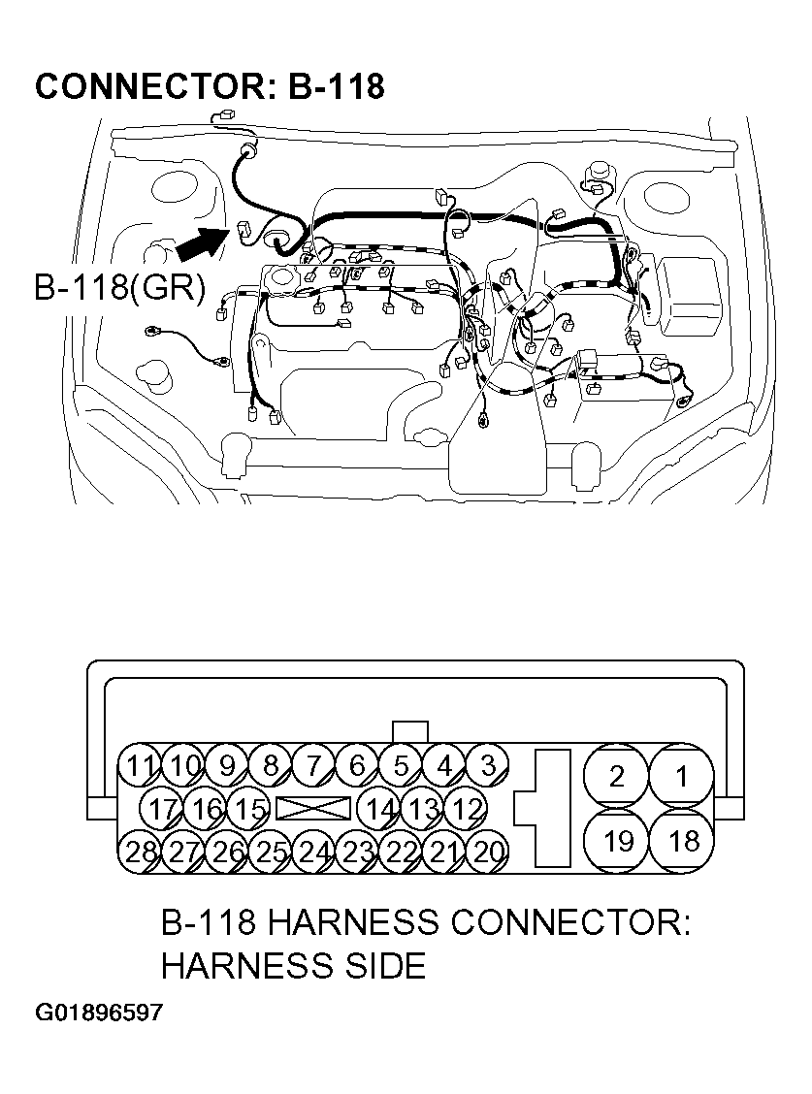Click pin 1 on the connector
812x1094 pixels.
coord(682,776)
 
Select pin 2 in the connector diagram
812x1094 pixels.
coord(617,776)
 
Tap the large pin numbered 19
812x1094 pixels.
coord(617,841)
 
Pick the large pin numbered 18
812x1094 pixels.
coord(682,841)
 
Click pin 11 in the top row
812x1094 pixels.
coord(141,766)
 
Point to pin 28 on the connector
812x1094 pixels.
coord(141,853)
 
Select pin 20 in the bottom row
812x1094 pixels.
coord(489,853)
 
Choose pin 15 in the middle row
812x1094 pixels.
coord(250,809)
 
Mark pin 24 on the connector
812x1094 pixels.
coord(314,853)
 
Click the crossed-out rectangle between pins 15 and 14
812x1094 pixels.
coord(313,809)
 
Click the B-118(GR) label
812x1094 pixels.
coord(119,289)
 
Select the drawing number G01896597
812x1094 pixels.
coord(99,1014)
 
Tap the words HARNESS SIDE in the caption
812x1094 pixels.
coord(293,965)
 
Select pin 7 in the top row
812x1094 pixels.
coord(313,766)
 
